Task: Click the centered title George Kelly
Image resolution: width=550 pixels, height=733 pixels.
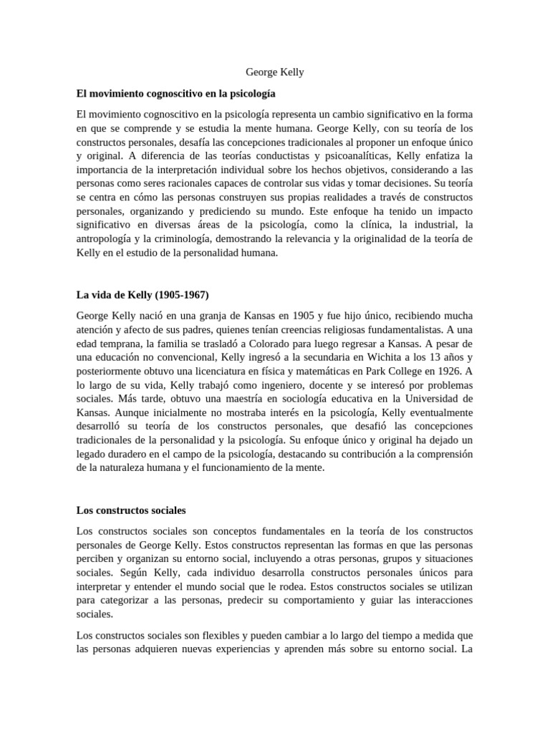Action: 275,72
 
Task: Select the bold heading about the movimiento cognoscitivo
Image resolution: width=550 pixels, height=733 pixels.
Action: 175,93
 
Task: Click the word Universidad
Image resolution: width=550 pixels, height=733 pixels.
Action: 425,398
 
